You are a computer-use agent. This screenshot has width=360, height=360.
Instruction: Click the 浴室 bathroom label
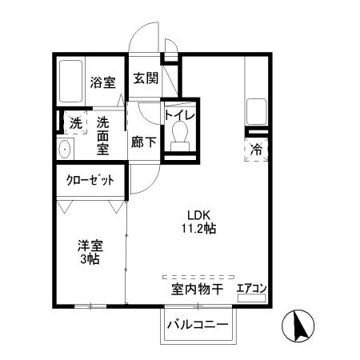point(102,82)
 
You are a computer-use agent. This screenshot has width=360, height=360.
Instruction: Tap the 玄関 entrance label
point(145,78)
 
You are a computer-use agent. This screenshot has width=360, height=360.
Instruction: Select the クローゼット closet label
point(90,181)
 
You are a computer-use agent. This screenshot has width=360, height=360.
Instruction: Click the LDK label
point(198,214)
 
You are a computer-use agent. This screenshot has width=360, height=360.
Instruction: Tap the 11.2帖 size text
point(198,228)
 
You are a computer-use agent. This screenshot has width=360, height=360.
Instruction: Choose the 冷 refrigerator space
point(256,148)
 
